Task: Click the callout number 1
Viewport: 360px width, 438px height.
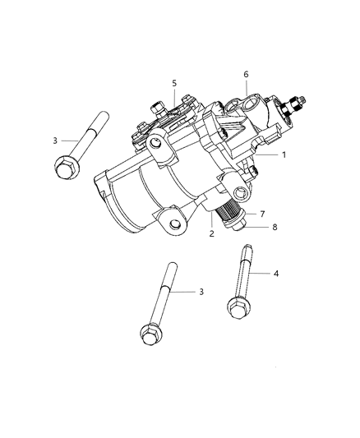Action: coord(284,154)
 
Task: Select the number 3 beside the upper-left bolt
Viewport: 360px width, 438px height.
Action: coord(55,141)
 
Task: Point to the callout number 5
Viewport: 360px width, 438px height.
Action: coord(174,83)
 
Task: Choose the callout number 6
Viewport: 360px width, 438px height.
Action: coord(245,75)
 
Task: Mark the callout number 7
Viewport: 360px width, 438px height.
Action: coord(262,214)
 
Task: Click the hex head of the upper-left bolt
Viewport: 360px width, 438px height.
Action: coord(67,167)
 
